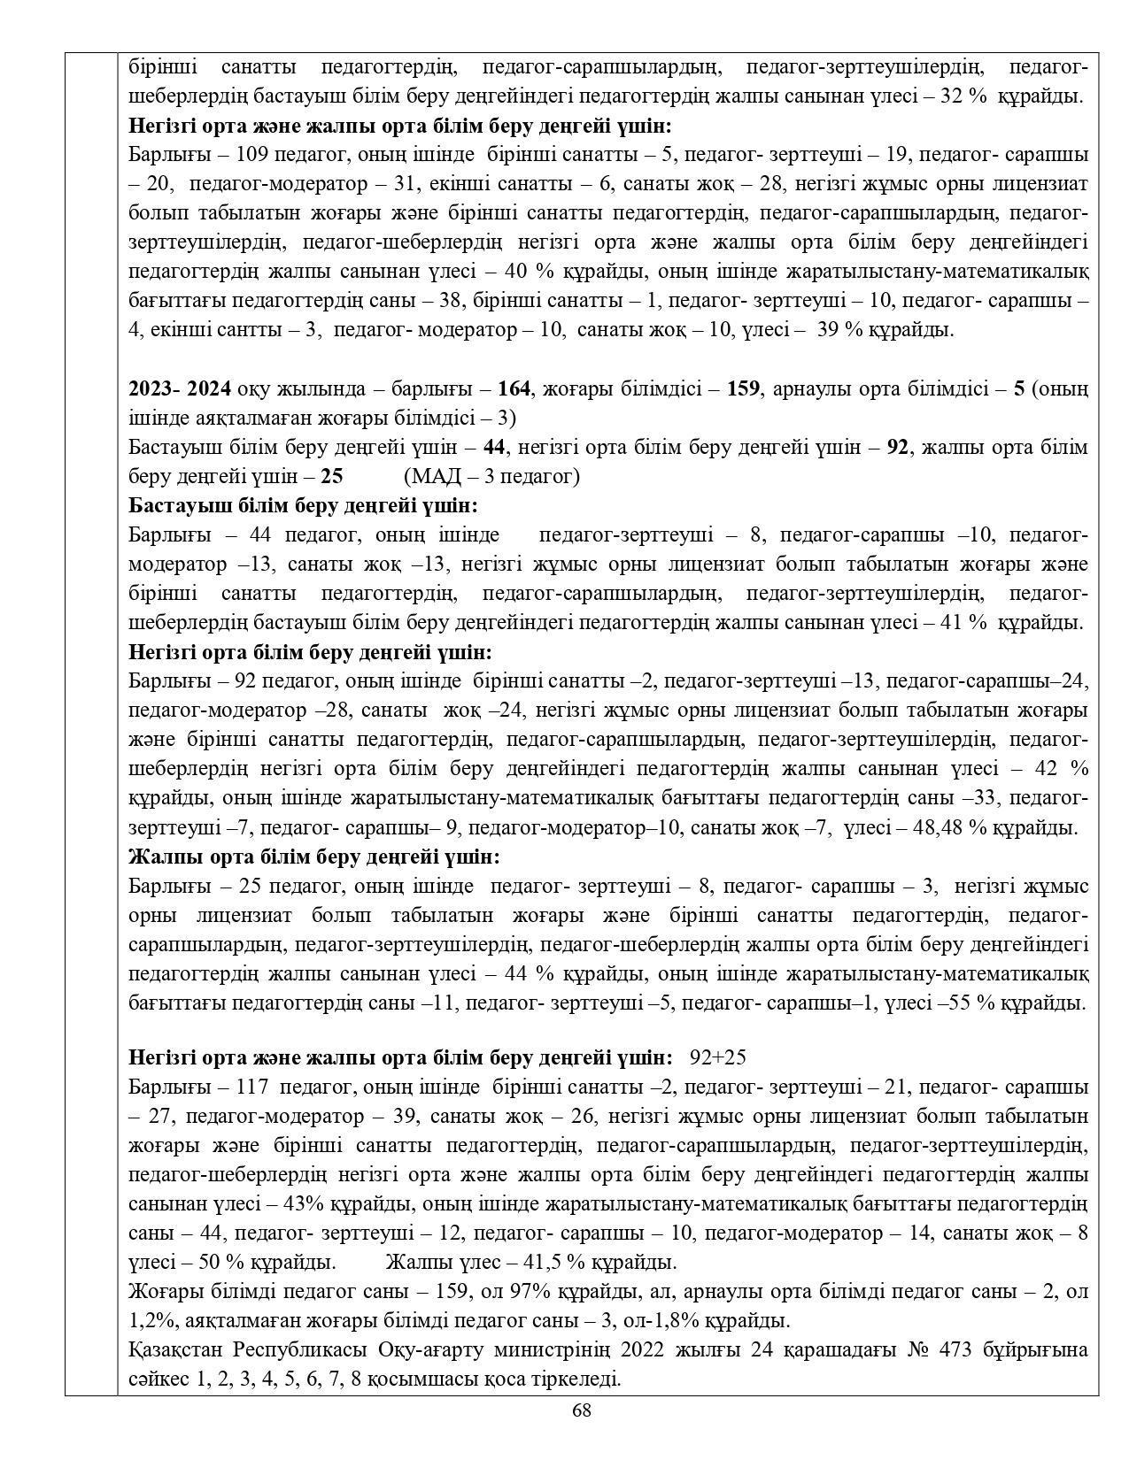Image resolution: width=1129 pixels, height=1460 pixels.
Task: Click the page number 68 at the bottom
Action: [581, 1410]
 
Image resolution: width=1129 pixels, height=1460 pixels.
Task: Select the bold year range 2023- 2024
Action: [180, 388]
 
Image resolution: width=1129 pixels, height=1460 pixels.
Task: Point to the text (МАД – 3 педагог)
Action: [491, 477]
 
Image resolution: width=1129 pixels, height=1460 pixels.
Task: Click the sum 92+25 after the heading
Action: [718, 1058]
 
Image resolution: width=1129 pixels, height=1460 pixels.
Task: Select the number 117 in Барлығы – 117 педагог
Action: [251, 1087]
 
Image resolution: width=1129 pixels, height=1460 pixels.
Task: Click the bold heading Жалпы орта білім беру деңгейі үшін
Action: [314, 857]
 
